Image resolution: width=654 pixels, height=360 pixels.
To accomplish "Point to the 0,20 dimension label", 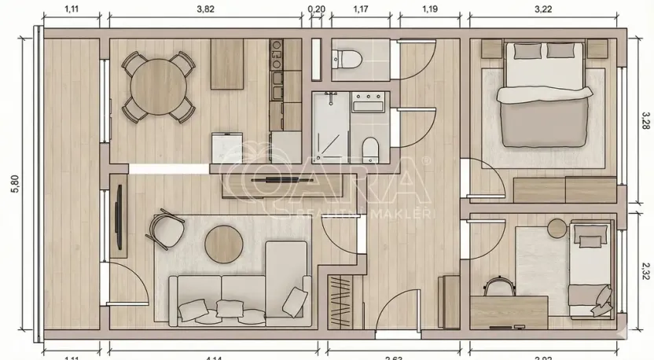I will point(316,9).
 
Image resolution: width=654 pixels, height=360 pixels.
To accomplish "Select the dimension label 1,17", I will point(360,9).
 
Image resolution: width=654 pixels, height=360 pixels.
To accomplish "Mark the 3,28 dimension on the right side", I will point(645,121).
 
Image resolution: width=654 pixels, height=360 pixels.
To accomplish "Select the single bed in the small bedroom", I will point(590,271).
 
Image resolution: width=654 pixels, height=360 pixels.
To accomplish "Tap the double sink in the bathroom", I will point(368,102).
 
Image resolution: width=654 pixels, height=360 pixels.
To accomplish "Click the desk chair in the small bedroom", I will point(497,287).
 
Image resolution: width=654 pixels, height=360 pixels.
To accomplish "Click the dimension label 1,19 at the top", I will point(429,9).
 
